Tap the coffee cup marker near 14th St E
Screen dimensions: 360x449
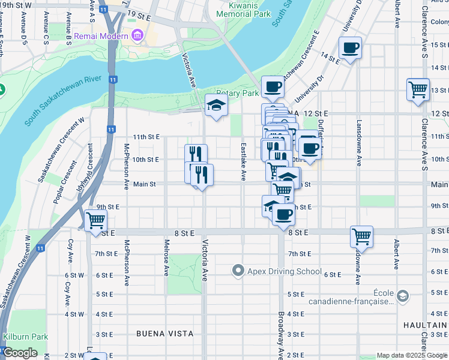coord(350,48)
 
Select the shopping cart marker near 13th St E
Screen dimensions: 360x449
coord(418,90)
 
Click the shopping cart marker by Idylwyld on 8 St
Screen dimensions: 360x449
coord(95,221)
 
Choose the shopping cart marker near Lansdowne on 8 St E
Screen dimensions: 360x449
coord(361,236)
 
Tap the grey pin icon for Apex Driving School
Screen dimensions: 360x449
coord(238,271)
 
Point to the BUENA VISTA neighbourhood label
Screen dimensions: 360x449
coord(164,333)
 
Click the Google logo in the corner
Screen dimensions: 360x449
coord(20,353)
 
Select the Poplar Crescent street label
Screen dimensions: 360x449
coord(66,182)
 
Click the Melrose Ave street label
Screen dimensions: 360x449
coord(166,258)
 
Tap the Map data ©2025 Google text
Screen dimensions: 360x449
coord(411,355)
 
